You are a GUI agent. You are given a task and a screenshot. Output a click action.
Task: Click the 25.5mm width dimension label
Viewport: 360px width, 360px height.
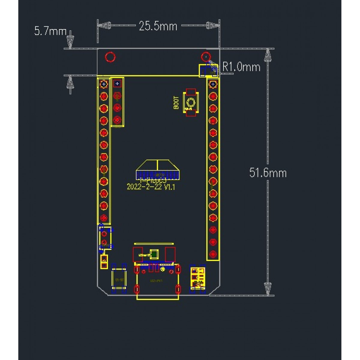tap(158, 26)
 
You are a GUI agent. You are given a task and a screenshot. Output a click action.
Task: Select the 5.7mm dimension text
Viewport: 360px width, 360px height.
tap(50, 31)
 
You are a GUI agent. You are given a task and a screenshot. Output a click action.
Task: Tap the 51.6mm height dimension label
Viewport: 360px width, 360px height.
tap(268, 173)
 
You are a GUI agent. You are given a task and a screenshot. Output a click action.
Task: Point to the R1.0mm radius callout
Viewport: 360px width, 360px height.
tap(241, 67)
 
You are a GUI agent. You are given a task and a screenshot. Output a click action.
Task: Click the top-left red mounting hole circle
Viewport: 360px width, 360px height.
tap(110, 57)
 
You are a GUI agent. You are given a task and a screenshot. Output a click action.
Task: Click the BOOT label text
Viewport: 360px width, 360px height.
tap(176, 103)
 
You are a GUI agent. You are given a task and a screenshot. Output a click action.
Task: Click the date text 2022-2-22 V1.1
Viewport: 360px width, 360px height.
tap(151, 187)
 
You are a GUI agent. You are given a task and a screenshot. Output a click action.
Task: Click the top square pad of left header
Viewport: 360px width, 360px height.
tap(104, 84)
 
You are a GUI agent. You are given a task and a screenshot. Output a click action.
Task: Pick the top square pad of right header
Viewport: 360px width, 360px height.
tap(213, 84)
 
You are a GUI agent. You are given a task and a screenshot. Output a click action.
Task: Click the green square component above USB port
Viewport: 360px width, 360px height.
tap(154, 254)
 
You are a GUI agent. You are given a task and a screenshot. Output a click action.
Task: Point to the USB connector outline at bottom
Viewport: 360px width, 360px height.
tap(157, 283)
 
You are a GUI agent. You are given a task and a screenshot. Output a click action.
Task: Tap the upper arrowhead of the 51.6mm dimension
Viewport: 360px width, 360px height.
tap(268, 55)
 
